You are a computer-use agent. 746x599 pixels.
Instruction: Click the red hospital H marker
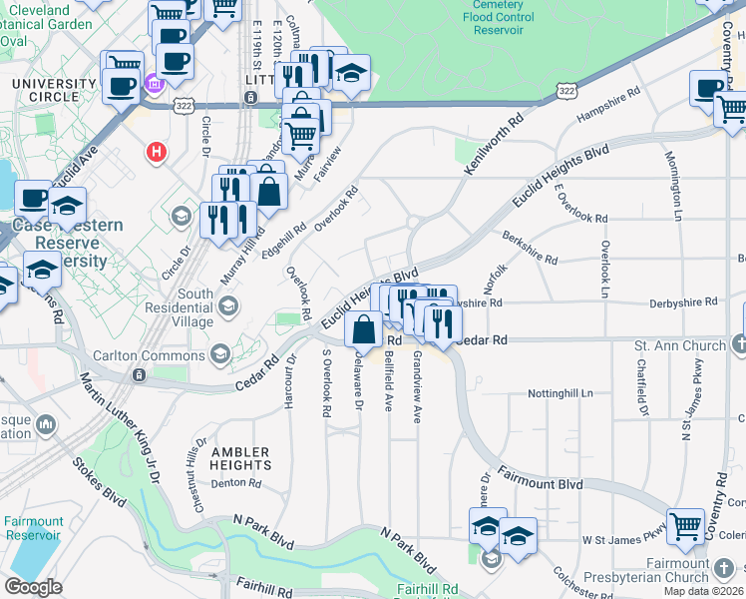[156, 153]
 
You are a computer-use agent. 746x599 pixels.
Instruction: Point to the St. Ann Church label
[680, 346]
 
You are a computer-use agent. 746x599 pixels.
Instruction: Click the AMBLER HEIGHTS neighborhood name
[240, 458]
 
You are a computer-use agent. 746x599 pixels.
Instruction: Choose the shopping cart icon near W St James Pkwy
[685, 526]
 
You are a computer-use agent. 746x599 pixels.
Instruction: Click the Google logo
[33, 587]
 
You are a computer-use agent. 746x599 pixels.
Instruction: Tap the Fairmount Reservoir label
[33, 528]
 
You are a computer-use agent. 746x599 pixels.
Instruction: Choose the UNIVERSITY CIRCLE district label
[45, 90]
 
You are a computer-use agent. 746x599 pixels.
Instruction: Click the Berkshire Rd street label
[531, 251]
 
